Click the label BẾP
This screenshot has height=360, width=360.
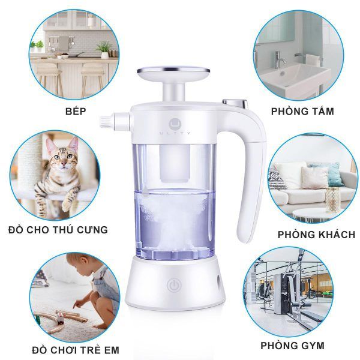point(75,111)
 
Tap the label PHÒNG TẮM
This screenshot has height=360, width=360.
point(302,111)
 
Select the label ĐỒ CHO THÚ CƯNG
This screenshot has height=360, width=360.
point(58,229)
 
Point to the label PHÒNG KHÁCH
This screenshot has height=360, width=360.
point(316,234)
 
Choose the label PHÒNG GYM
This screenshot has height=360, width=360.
point(292,345)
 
